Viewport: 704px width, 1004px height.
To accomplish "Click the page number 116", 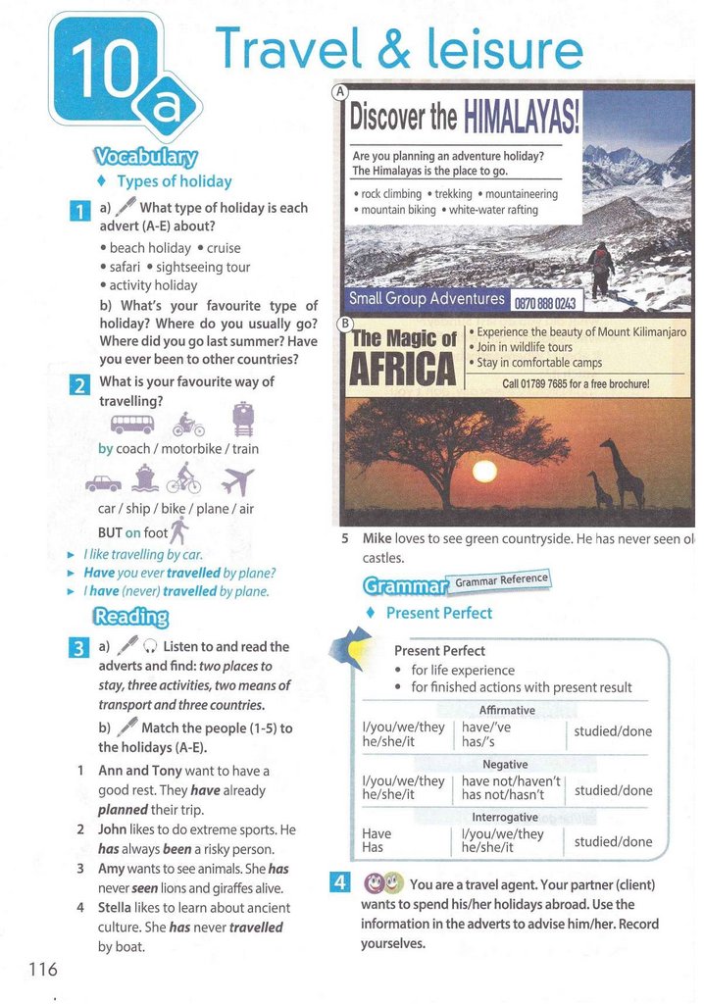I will (x=43, y=969).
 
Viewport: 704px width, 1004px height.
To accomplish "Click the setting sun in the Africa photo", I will (x=484, y=472).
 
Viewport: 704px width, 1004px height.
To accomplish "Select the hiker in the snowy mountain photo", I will (x=601, y=268).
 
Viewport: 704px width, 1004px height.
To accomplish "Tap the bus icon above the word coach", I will (x=132, y=424).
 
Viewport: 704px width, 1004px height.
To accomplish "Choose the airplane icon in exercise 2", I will (x=237, y=481).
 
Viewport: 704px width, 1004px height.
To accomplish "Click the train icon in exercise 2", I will (x=243, y=419).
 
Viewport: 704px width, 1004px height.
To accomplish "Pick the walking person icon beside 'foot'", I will (x=178, y=529).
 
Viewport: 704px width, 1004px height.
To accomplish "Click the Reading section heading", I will (x=130, y=616).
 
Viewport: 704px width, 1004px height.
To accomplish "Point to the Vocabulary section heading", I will (x=146, y=157).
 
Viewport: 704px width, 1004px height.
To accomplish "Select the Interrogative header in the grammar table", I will (x=505, y=817).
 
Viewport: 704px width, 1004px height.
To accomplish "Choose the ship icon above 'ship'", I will (x=145, y=478).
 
